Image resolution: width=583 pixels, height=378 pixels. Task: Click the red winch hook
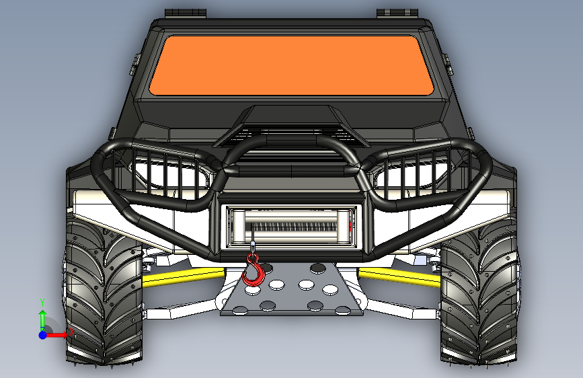coord(254,270)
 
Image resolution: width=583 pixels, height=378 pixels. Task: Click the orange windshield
coord(292,65)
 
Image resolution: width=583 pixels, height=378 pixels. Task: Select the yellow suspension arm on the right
coord(399,277)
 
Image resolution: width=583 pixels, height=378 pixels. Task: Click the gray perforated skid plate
coord(292,289)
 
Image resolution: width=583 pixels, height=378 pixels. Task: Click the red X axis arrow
coord(56,335)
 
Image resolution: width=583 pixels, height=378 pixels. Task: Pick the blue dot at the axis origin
coord(43,335)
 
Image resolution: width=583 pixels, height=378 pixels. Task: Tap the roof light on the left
coord(186,13)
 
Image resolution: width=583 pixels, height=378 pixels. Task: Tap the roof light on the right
coord(397,13)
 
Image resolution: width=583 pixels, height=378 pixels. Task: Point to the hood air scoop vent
coord(290,136)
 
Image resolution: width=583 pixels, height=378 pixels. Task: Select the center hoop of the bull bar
coord(291,149)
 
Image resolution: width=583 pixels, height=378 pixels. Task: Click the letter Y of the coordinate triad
coord(42,302)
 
